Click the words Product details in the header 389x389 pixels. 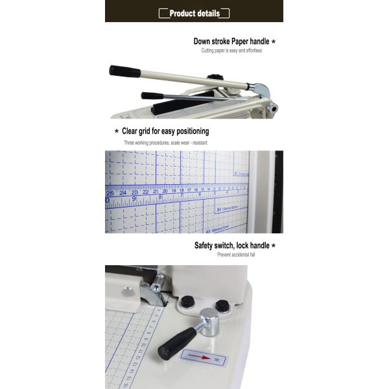(194, 13)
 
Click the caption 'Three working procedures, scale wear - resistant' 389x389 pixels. (165, 142)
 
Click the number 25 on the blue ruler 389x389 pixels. (110, 193)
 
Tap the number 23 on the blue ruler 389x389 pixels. (134, 193)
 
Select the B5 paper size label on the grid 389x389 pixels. (218, 210)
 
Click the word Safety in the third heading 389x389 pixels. (207, 246)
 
